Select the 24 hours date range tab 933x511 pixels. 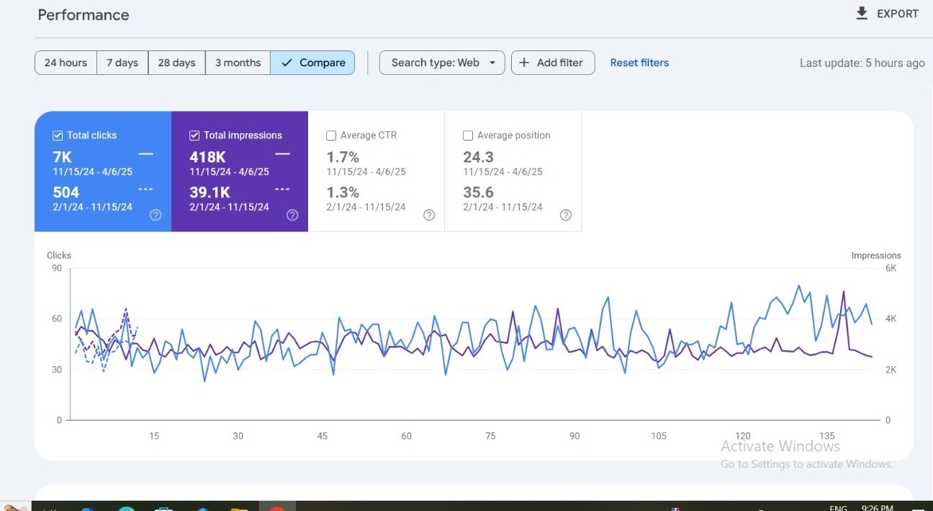66,63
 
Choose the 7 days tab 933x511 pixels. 122,63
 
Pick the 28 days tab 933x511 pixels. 176,63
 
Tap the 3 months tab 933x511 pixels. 238,63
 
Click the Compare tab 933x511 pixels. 312,63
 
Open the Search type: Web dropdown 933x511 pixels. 442,63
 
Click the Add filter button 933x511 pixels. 552,63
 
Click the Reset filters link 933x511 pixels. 639,63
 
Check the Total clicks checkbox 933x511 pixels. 58,135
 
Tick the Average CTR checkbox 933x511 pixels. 331,135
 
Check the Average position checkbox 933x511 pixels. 468,135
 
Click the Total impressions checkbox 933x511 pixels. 194,135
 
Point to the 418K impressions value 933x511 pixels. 207,157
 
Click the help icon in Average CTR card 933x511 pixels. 429,215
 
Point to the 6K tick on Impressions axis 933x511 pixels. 891,268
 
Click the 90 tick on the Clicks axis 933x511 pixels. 55,268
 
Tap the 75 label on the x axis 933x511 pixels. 490,436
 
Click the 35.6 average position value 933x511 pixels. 478,192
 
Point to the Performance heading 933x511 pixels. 84,15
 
